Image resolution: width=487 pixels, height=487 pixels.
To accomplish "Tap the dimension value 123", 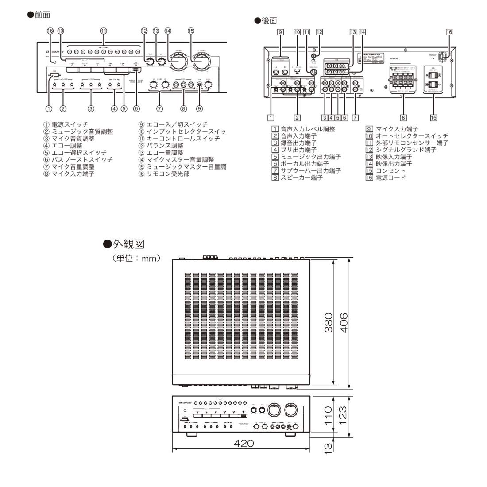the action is click(x=343, y=416).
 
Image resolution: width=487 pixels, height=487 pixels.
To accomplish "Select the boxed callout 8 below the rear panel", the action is click(x=403, y=118).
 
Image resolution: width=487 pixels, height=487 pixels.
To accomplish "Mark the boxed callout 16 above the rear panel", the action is click(x=449, y=32).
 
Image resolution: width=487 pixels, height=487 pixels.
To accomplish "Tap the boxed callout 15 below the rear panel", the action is click(x=434, y=118).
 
